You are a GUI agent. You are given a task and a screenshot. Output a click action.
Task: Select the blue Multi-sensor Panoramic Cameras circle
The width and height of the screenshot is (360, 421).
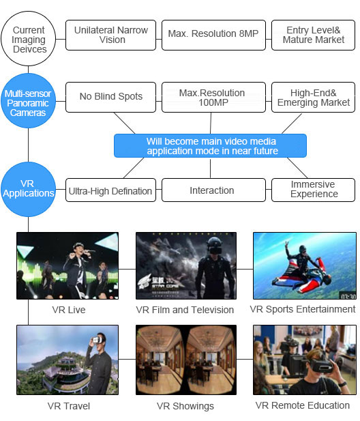coord(29,102)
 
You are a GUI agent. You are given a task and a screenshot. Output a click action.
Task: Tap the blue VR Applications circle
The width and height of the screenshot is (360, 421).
coord(29,188)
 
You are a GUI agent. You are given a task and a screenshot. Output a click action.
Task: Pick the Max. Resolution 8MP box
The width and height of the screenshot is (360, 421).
coord(213,35)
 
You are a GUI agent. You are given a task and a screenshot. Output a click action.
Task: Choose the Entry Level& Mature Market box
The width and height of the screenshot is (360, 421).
coord(314,35)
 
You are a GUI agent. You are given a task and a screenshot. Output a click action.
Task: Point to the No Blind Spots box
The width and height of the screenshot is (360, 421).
coord(110,97)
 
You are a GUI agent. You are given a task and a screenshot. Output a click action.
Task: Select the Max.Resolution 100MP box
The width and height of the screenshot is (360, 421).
coord(213,97)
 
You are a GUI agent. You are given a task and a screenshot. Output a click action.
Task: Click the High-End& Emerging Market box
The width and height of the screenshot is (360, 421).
coord(314,97)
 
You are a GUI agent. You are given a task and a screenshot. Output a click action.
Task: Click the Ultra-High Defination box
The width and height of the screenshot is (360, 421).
coord(110,190)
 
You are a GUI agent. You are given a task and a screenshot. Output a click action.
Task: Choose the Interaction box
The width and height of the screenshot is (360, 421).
coord(213,190)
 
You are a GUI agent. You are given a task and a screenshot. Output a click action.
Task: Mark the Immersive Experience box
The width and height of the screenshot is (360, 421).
coord(314,190)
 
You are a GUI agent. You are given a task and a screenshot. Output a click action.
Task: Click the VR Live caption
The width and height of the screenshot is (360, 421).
coord(69,310)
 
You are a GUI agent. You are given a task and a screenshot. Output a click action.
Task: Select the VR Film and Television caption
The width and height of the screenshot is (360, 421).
coord(185,310)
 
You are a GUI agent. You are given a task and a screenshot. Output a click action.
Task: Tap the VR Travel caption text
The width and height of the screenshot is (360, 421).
coord(69,406)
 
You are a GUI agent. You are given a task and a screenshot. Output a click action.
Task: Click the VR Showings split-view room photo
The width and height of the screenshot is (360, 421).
coord(185,360)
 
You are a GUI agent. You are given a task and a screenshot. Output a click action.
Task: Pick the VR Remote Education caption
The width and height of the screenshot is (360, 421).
coord(303,405)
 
